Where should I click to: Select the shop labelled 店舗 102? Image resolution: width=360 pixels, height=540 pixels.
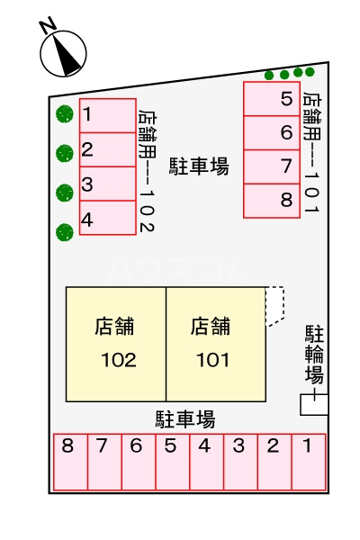coord(116,344)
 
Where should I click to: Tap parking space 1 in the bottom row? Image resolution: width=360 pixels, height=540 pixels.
coord(308,462)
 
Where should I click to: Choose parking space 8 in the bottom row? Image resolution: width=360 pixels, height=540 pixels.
coord(69,462)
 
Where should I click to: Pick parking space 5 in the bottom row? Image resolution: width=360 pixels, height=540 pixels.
coord(171,462)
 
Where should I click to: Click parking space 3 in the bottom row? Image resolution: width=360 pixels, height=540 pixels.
coord(238,462)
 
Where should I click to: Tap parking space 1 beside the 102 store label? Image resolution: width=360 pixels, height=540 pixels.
coord(107,115)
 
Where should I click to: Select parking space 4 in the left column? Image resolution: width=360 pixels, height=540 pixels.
coord(107,218)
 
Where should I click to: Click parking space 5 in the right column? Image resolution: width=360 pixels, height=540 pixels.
coord(272,100)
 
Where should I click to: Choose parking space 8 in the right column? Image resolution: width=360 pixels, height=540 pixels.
coord(272,200)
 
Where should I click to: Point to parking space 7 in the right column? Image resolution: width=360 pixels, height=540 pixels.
coord(272,166)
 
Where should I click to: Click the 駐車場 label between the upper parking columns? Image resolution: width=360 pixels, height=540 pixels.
coord(198,166)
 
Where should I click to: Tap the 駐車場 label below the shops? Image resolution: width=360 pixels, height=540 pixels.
coord(184,418)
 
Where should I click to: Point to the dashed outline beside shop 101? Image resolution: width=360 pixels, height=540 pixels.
coord(274,306)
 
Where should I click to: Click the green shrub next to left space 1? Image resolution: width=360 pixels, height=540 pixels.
coord(63,114)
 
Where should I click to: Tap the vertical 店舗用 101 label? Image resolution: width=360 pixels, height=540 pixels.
coord(311,152)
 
